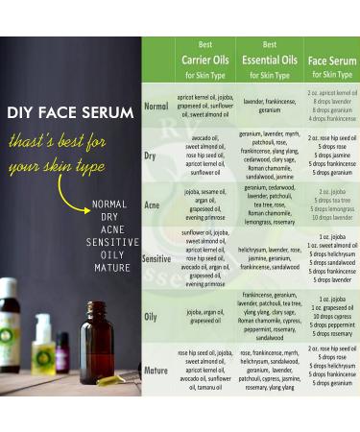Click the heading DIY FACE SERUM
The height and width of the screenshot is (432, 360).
(69, 112)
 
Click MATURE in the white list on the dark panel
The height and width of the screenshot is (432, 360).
(111, 267)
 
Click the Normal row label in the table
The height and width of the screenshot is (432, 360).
(156, 107)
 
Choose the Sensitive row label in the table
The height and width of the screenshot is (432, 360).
(156, 258)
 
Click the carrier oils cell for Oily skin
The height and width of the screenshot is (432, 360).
(204, 316)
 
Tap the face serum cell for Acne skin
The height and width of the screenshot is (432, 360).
(331, 204)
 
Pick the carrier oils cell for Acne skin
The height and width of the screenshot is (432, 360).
(204, 204)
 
